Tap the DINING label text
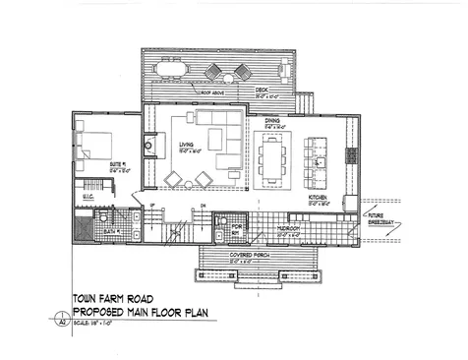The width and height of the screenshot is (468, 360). [273, 121]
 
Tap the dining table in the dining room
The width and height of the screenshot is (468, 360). [273, 160]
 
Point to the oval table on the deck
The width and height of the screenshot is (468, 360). [215, 71]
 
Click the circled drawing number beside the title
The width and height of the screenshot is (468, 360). [60, 319]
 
